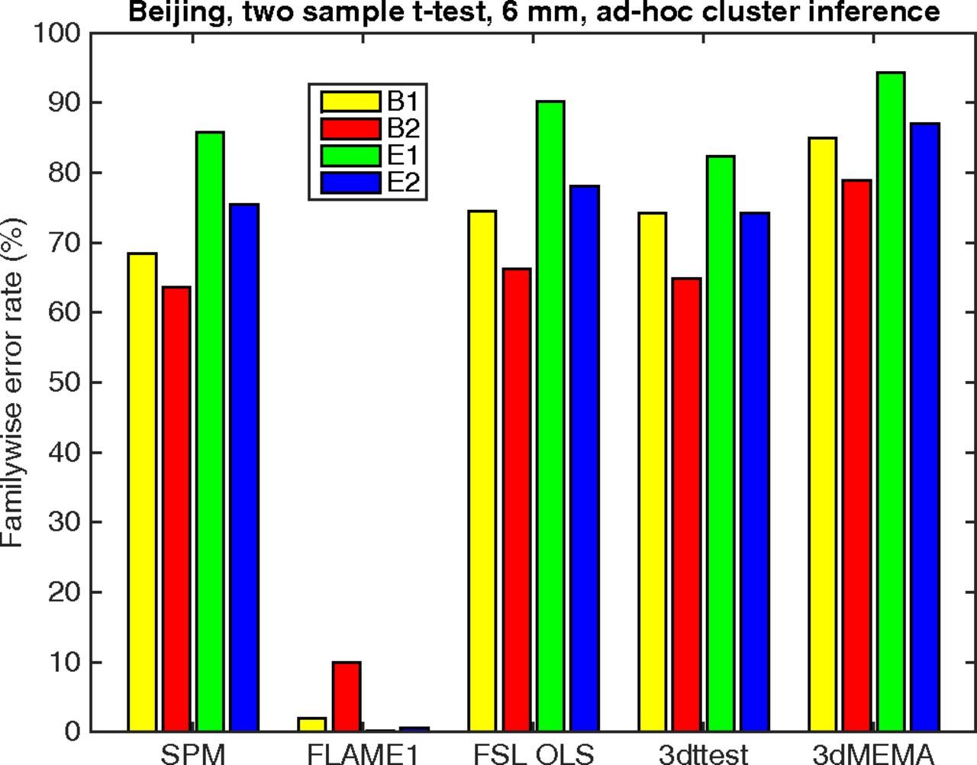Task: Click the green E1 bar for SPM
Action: [210, 431]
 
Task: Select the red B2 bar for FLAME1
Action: [347, 696]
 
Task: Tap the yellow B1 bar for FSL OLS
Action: [482, 470]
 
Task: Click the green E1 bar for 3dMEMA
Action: [891, 402]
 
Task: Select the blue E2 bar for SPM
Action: [244, 467]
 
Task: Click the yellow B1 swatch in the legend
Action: [350, 102]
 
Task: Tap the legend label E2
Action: [404, 183]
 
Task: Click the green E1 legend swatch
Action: [350, 156]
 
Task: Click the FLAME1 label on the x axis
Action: [363, 754]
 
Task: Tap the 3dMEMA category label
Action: [873, 754]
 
